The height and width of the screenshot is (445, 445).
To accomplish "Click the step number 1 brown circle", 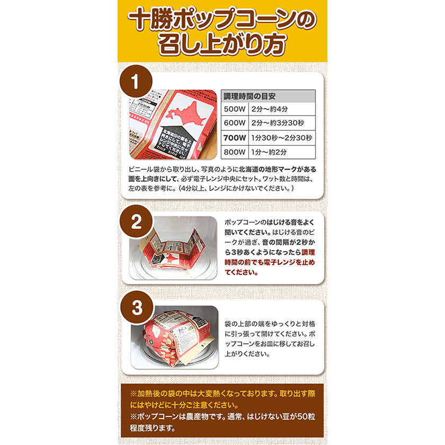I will point(135,83).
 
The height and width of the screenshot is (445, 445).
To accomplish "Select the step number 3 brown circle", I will point(136,309).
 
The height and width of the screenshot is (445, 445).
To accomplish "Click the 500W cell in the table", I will point(235,110).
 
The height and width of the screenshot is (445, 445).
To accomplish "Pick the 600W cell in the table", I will point(235,123).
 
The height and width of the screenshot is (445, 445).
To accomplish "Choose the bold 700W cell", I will point(235,138).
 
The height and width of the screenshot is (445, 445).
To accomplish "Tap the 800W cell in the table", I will point(235,152).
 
